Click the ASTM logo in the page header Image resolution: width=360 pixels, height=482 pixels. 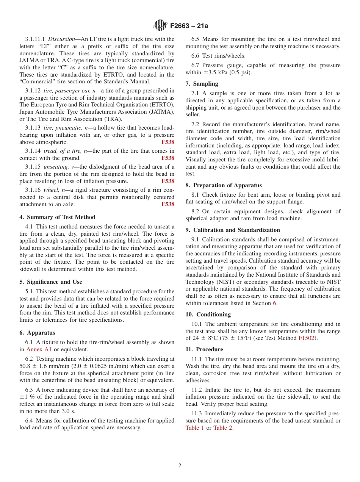pos(160,26)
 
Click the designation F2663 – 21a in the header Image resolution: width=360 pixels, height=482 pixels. pos(189,26)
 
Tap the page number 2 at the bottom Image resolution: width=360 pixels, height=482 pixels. pos(180,466)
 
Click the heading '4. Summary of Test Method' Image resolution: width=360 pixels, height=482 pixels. pos(57,217)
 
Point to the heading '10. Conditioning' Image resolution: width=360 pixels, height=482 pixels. pos(208,315)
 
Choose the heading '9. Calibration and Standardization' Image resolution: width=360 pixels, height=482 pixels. pos(233,230)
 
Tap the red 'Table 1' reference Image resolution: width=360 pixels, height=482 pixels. pos(194,428)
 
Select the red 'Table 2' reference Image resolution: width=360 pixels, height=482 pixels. pos(223,428)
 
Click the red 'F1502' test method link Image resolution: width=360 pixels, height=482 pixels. pos(306,338)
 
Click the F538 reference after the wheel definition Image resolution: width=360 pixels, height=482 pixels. pos(168,204)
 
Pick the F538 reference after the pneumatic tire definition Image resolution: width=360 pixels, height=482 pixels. pos(168,142)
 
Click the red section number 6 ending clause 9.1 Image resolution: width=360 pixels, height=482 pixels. pos(274,303)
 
